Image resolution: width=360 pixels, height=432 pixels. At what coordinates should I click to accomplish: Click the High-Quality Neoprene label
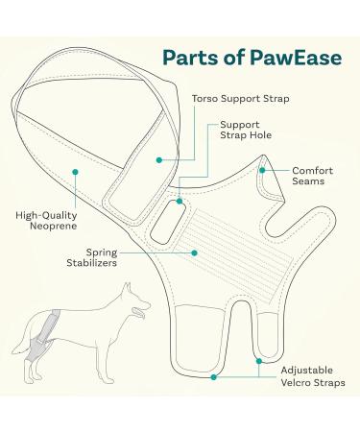click(46, 220)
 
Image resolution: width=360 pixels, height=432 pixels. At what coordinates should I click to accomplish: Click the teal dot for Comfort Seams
click(263, 170)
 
